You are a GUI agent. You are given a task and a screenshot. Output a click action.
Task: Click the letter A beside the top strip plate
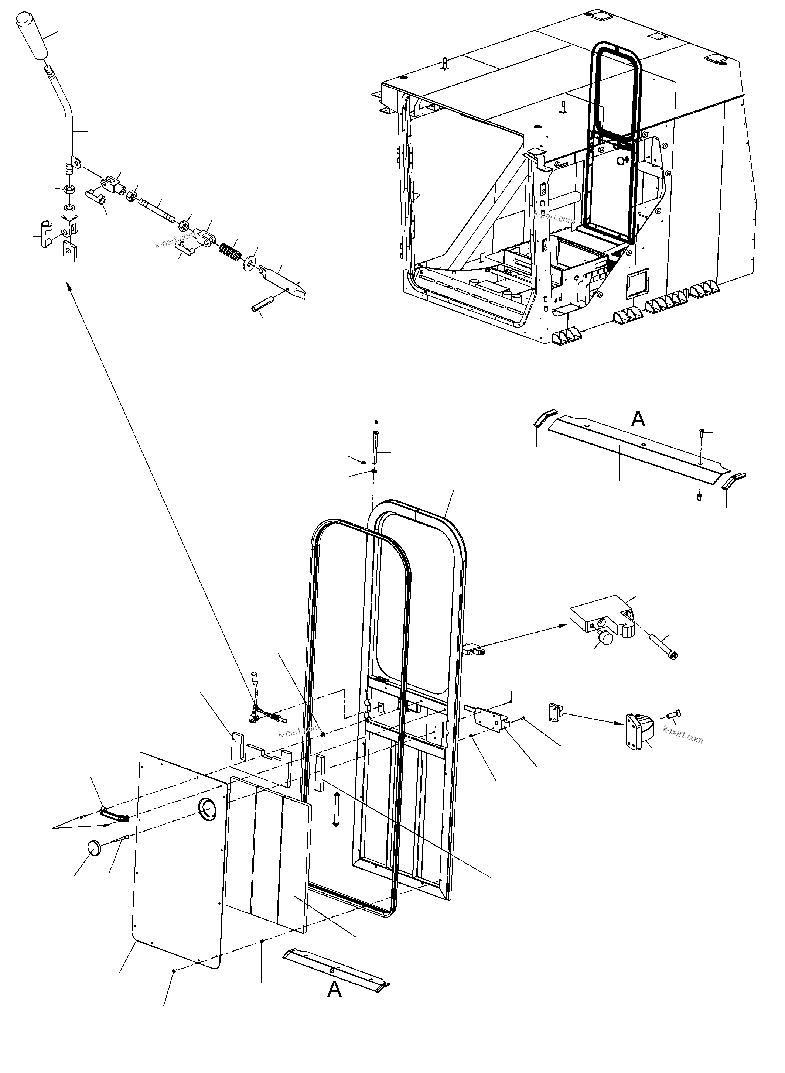[638, 419]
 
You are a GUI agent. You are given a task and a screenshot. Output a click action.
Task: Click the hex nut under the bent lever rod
[69, 189]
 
